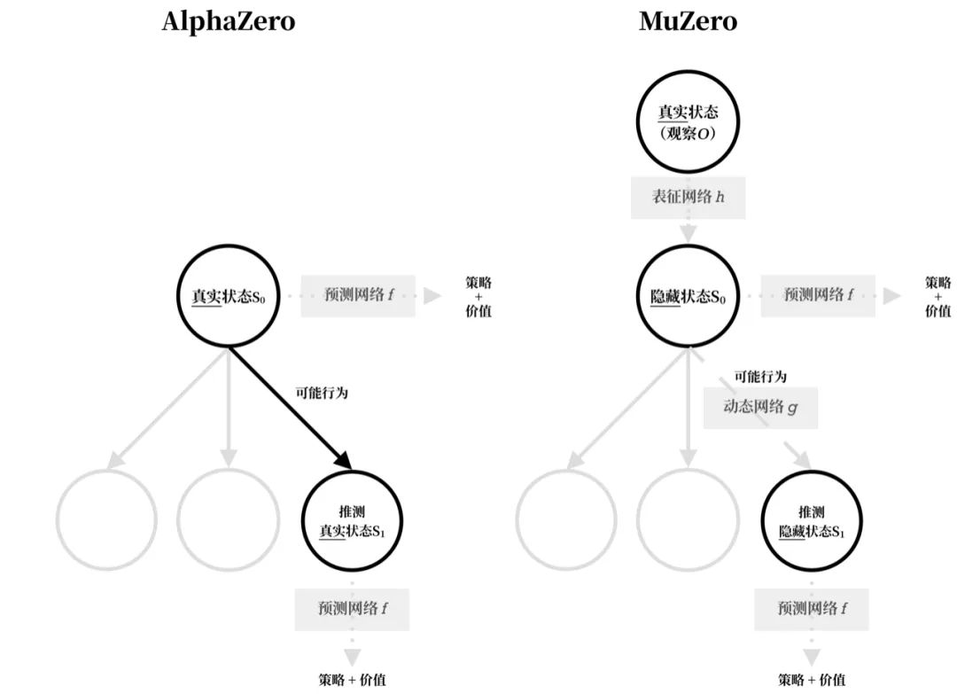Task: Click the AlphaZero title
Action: point(228,21)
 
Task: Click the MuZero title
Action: point(688,21)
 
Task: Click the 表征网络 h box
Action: point(688,197)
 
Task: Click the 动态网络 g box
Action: point(760,408)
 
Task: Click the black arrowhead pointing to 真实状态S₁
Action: point(344,459)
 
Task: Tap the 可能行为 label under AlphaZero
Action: point(322,393)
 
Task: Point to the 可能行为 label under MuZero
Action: point(759,377)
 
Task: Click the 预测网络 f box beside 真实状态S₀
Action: point(358,295)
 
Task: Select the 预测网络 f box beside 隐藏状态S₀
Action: point(818,295)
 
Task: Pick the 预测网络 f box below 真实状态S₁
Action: point(352,609)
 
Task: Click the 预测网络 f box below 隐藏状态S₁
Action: point(812,609)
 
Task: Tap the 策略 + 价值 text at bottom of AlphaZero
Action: point(352,680)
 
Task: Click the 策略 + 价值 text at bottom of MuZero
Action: point(812,680)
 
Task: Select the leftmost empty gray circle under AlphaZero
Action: point(106,520)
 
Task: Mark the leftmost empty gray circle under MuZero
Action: point(566,520)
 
